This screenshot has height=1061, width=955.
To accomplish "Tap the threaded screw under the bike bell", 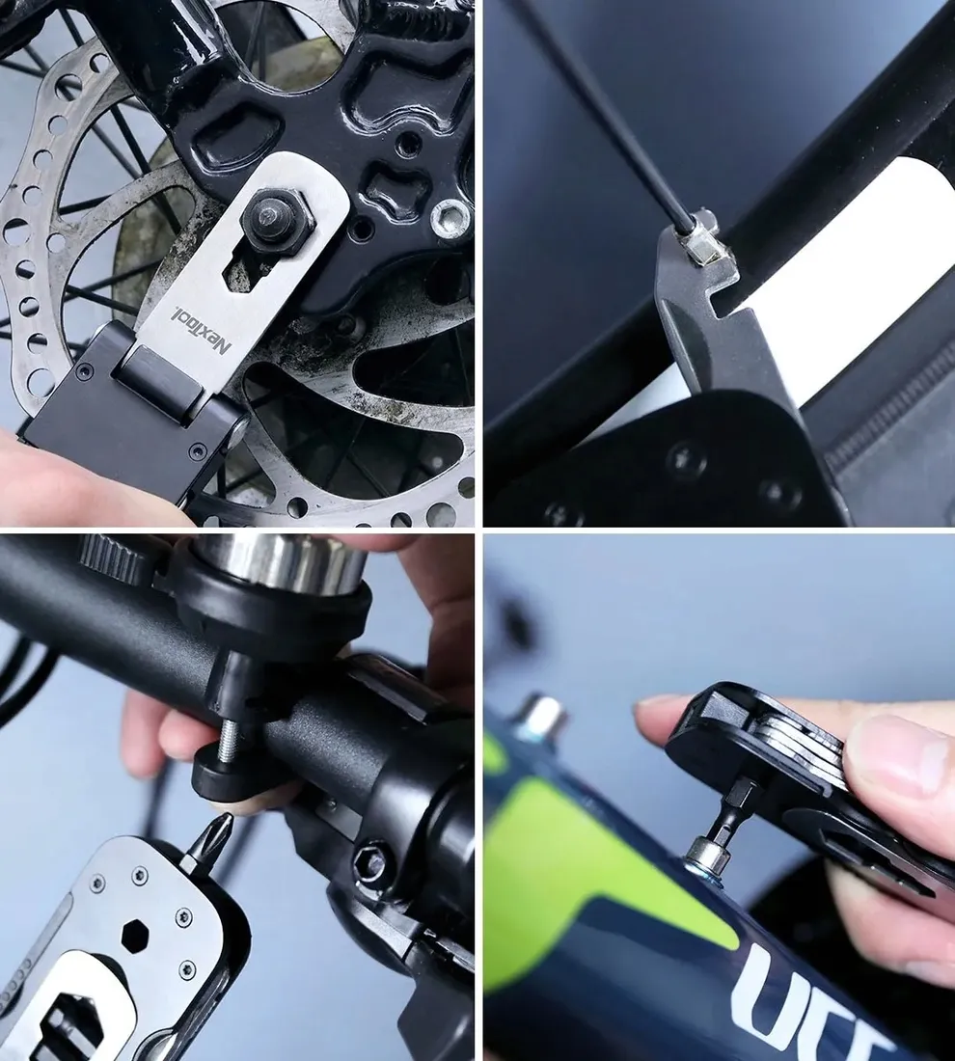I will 228,744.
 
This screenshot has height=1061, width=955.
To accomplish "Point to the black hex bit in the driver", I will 731,810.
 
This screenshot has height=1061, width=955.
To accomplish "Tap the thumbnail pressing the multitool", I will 907,752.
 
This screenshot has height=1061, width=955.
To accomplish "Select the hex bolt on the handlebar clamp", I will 371,861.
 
